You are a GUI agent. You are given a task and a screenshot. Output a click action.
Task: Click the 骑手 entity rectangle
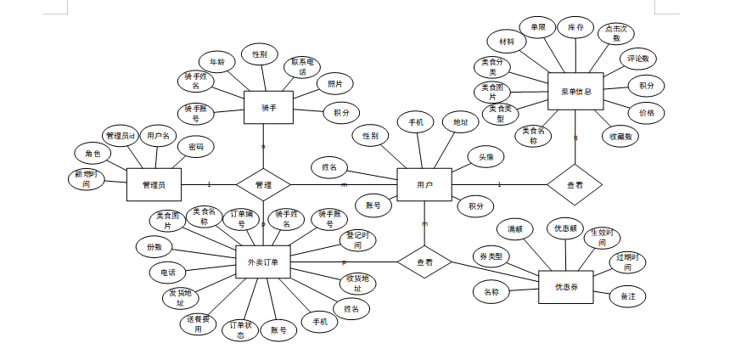pyautogui.click(x=268, y=108)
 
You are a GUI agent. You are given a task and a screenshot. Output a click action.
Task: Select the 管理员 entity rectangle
pyautogui.click(x=154, y=184)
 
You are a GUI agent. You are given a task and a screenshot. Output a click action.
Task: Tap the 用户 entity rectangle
pyautogui.click(x=424, y=184)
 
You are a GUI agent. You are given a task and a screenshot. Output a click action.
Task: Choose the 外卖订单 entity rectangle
pyautogui.click(x=263, y=262)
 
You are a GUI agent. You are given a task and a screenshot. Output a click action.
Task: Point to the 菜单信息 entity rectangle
pyautogui.click(x=575, y=91)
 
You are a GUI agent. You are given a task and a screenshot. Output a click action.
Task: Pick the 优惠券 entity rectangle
pyautogui.click(x=565, y=287)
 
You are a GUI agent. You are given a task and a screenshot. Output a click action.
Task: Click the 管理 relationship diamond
pyautogui.click(x=263, y=184)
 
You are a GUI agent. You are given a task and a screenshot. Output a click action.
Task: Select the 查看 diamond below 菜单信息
pyautogui.click(x=575, y=184)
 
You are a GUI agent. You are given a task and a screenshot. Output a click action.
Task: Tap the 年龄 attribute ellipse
pyautogui.click(x=216, y=62)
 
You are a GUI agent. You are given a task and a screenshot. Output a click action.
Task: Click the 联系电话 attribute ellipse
pyautogui.click(x=303, y=66)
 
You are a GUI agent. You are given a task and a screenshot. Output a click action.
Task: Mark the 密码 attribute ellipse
pyautogui.click(x=196, y=147)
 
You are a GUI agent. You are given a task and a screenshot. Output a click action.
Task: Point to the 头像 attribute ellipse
pyautogui.click(x=486, y=157)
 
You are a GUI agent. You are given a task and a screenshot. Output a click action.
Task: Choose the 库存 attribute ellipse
pyautogui.click(x=575, y=28)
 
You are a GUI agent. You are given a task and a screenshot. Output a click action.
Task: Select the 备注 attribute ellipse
pyautogui.click(x=628, y=296)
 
